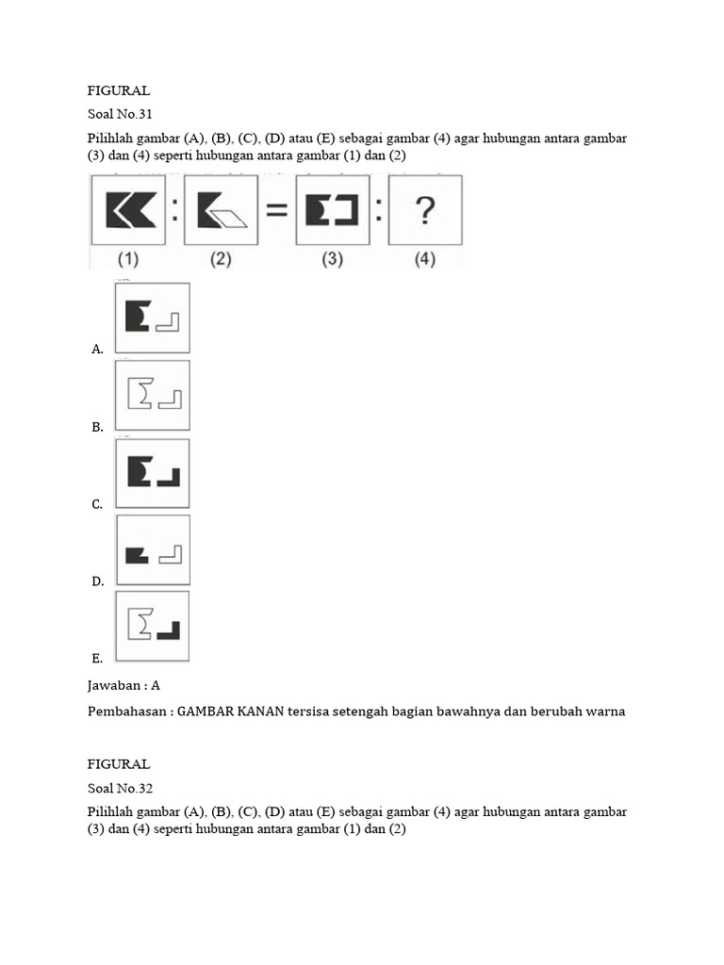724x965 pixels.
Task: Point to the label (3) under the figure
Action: click(331, 258)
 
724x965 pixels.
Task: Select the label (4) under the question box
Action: click(424, 258)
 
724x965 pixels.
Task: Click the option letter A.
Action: click(97, 350)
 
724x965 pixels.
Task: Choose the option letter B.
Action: click(97, 427)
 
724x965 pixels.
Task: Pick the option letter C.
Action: click(97, 504)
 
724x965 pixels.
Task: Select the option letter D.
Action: click(97, 581)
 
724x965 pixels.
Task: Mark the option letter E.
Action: click(97, 658)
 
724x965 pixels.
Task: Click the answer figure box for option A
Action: click(152, 318)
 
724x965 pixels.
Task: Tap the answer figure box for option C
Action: click(152, 473)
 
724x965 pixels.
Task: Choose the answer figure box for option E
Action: click(152, 627)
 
